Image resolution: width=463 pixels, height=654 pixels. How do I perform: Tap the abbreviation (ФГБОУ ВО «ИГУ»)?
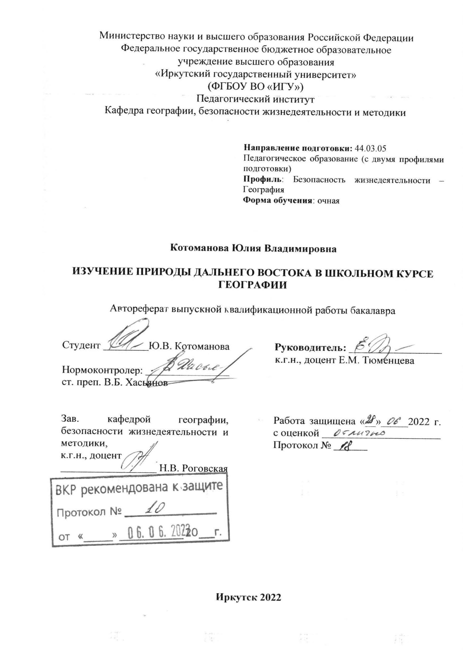tap(256, 86)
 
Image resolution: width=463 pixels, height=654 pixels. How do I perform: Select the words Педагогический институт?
tap(256, 99)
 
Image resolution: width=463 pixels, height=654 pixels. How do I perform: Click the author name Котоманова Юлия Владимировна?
tap(253, 248)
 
